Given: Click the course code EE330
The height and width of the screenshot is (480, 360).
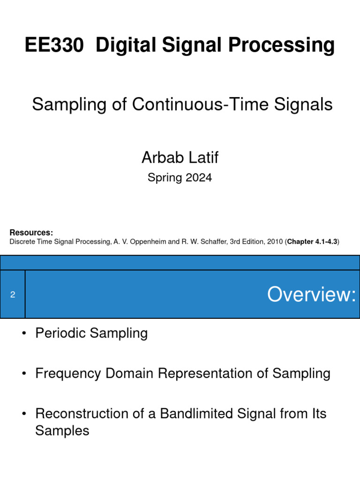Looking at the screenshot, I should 54,45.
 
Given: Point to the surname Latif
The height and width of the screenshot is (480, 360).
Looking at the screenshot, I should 203,157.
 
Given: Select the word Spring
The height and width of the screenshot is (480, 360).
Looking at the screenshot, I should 163,178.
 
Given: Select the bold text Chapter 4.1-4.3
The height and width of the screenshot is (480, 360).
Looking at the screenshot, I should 312,242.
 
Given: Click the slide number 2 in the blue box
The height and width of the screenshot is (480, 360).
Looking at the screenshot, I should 13,294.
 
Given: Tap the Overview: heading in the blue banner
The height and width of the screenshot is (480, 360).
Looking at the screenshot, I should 311,294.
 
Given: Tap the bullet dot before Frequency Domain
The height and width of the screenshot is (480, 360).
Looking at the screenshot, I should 23,374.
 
